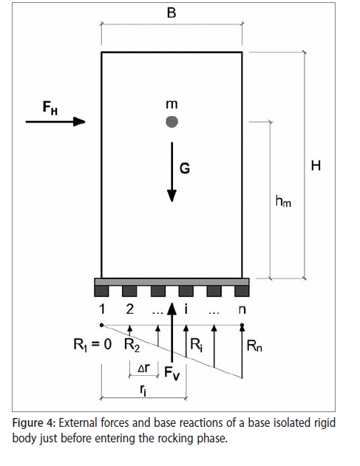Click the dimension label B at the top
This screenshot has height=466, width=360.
coord(171,13)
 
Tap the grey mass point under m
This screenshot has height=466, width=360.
coord(172,122)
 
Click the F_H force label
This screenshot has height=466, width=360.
coord(50,108)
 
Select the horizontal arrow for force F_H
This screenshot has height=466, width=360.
coord(55,122)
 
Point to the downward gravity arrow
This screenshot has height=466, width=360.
coord(172,172)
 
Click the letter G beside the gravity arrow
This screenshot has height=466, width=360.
coord(185,168)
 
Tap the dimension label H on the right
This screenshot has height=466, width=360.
coord(316,165)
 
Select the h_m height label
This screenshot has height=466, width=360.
coord(283,201)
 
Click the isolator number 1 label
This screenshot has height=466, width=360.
coord(102,309)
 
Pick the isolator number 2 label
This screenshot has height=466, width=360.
coord(129,309)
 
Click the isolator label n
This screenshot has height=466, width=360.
coord(242,310)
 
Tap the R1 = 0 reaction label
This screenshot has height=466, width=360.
coord(92,345)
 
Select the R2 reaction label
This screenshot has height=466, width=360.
coord(132,345)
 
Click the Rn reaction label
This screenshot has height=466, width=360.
coord(254,346)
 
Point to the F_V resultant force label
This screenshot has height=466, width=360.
coord(172,373)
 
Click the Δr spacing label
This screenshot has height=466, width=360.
coord(144,368)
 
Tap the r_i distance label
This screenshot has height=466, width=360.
coord(143,390)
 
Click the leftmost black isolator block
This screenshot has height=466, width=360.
coord(101,291)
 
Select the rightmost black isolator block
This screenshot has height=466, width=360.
coord(242,291)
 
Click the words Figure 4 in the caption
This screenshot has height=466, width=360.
coord(34,423)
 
